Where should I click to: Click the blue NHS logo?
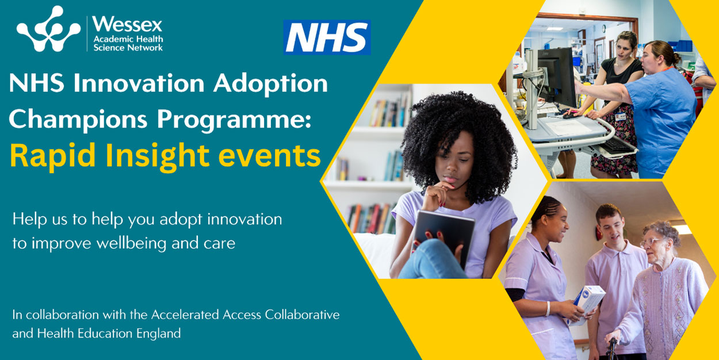tap(327, 37)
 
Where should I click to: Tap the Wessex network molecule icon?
tap(48, 29)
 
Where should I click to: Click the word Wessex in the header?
tap(128, 24)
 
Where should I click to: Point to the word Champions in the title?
tap(78, 120)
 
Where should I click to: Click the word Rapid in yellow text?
tap(53, 156)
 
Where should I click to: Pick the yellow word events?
tap(269, 156)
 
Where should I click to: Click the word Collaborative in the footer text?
tap(302, 315)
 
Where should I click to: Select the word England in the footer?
tap(159, 334)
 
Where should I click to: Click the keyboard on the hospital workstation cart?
tap(615, 146)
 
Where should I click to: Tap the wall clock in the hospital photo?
tap(604, 29)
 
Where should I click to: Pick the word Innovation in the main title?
tap(139, 84)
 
